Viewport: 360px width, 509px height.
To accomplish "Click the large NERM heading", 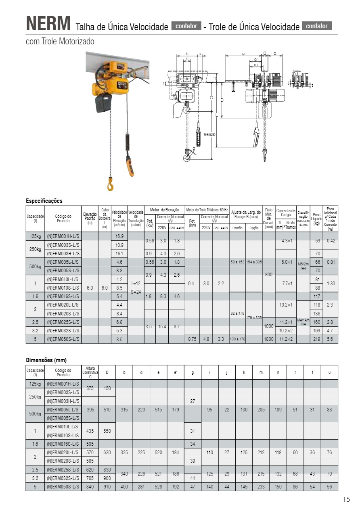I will tap(48, 24).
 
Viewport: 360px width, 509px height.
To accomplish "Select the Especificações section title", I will tap(44, 201).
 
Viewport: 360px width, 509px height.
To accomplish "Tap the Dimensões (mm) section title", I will tap(46, 360).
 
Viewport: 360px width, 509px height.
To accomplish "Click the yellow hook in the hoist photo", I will tap(110, 185).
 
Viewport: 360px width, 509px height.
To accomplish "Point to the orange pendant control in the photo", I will tap(130, 163).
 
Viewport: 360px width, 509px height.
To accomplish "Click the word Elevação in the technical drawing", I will tap(209, 134).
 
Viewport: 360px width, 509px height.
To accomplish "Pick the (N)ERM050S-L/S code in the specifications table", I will tap(63, 339).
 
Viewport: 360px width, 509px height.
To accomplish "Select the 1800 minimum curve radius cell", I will tap(269, 339).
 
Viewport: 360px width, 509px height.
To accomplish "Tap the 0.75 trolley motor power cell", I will tap(193, 339).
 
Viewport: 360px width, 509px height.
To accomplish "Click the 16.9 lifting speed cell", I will tap(119, 236).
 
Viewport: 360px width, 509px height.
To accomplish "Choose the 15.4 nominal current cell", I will tap(162, 326).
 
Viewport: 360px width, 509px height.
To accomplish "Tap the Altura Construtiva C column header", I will tap(90, 372).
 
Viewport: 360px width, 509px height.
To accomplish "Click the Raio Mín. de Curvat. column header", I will tap(269, 219).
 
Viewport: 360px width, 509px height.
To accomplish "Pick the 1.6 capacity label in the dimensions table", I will tap(35, 444).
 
